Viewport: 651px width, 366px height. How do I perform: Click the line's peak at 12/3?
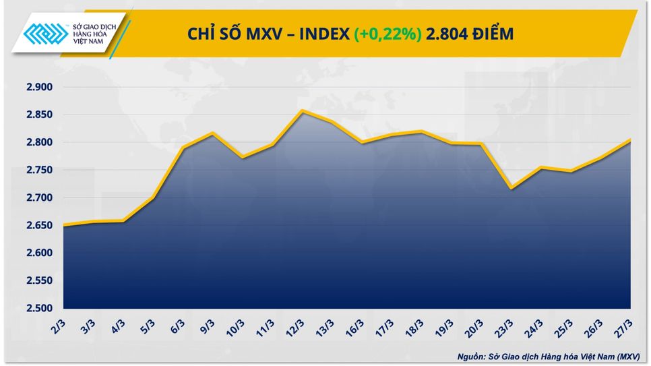(x=301, y=111)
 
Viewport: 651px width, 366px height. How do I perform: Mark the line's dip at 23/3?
(x=511, y=188)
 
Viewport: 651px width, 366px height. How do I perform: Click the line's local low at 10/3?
(x=242, y=158)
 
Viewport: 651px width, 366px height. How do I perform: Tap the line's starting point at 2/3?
(x=63, y=225)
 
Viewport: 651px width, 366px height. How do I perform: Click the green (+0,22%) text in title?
(x=387, y=34)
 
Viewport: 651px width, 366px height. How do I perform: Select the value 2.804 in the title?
(x=447, y=34)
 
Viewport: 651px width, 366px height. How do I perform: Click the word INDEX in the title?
(x=323, y=34)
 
